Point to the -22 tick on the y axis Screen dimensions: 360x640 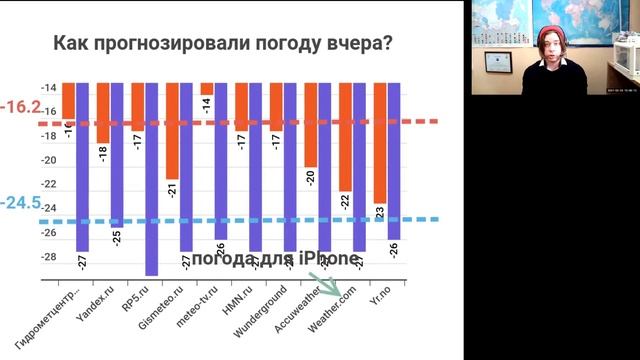click(50, 186)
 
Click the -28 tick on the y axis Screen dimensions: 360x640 click(50, 257)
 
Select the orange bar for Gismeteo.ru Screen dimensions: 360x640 click(173, 130)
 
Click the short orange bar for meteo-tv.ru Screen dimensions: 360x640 click(207, 88)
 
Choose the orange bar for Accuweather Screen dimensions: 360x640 click(311, 125)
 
